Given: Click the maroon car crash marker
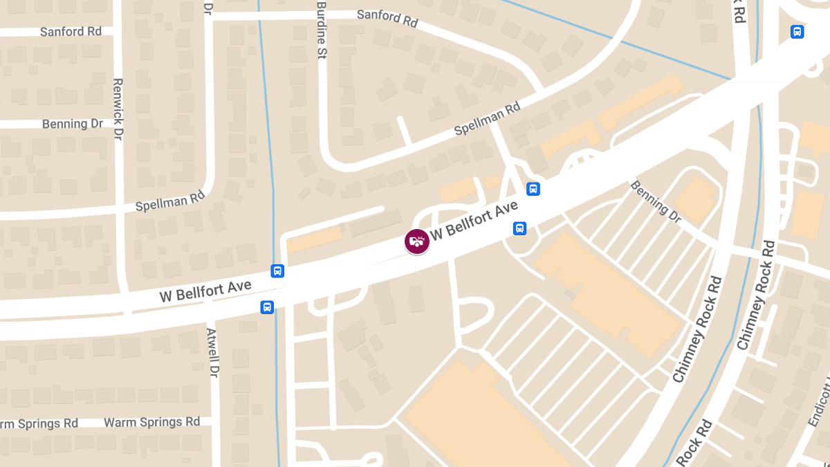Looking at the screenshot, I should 416,241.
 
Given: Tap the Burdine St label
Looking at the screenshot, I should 321,30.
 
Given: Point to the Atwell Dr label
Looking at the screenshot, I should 212,352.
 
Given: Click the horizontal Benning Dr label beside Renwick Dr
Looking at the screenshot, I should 72,124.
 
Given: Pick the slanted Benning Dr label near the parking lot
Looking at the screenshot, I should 656,201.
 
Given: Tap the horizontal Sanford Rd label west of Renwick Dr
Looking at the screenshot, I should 71,32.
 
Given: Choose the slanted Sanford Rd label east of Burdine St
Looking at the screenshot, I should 387,18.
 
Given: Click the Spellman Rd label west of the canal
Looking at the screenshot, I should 170,201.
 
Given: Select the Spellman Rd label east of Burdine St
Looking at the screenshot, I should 487,118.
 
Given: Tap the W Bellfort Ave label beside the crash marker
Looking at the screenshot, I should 474,220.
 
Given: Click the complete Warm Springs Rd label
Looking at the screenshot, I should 151,421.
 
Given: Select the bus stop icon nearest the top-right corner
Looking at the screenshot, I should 797,32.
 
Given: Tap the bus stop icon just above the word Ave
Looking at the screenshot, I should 533,188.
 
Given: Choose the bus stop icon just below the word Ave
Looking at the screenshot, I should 519,228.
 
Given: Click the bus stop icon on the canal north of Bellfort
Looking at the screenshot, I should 277,271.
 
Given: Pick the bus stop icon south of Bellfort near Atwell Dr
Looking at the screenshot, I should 267,306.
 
